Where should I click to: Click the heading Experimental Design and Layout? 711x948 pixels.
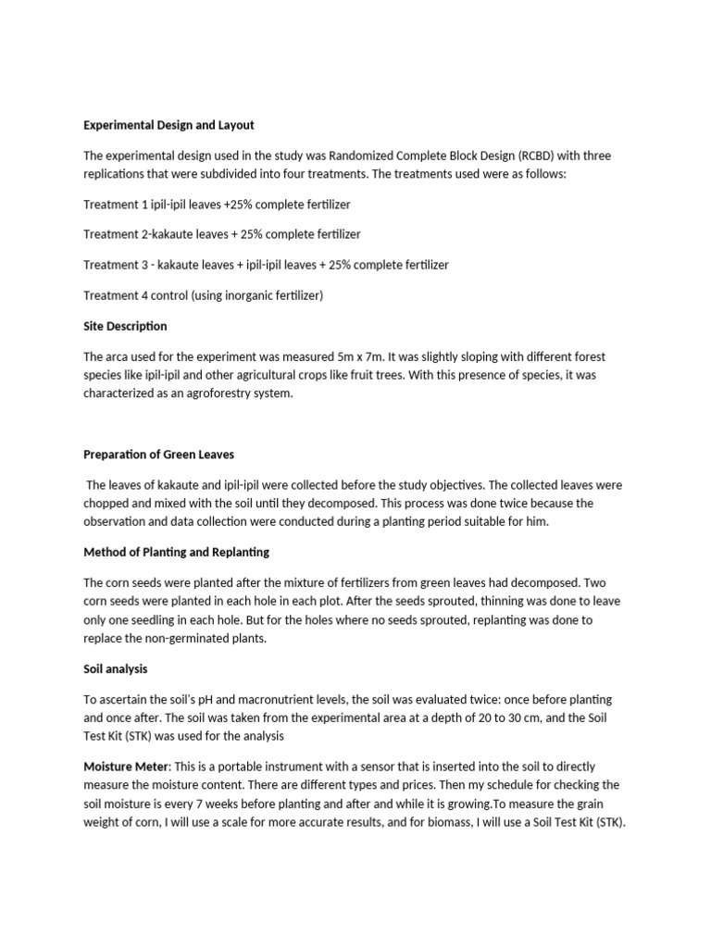coord(168,125)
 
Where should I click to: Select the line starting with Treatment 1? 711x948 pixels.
coord(217,204)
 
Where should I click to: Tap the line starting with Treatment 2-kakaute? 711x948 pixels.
coord(222,234)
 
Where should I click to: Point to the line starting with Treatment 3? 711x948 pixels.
coord(266,265)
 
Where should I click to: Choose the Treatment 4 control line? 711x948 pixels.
coord(203,295)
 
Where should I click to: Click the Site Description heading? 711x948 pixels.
coord(125,326)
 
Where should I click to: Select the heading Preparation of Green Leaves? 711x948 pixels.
coord(158,455)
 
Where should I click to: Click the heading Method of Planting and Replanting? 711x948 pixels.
coord(176,552)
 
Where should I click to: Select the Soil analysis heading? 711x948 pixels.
coord(115,668)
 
